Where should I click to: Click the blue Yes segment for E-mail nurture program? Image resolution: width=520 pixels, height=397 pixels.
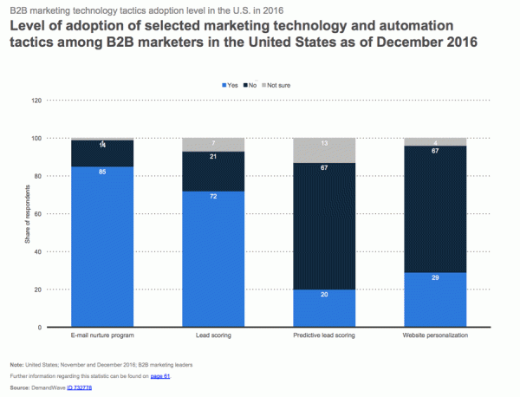102,246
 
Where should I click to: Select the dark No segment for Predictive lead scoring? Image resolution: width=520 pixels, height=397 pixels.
324,225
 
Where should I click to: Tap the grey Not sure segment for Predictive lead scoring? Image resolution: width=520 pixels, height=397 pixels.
324,150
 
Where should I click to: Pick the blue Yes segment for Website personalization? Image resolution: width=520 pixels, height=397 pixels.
435,299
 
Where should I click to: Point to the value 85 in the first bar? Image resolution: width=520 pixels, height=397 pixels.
102,172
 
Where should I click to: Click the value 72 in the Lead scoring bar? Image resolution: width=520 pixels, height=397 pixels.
213,197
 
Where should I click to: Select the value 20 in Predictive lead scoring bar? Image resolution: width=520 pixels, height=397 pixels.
324,295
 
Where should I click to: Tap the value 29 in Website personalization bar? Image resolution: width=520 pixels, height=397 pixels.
435,277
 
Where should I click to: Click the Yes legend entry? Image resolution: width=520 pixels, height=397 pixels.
231,85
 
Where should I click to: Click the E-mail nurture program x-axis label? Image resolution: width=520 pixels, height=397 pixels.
102,335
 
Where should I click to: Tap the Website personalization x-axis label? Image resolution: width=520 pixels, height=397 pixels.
435,335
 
